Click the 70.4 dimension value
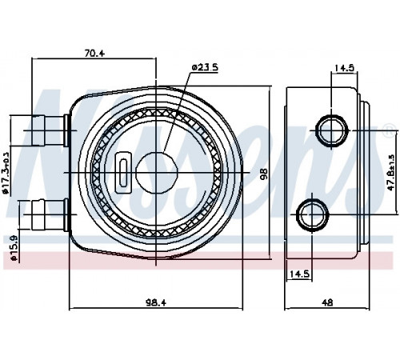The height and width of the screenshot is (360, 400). [94, 54]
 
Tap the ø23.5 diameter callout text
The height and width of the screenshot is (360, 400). [205, 67]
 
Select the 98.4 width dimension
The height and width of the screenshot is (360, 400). [156, 302]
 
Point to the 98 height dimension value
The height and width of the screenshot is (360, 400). [264, 174]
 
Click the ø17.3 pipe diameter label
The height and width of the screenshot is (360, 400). [6, 172]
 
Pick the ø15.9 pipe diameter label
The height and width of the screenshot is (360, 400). [14, 248]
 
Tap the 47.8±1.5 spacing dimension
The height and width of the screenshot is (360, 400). [391, 172]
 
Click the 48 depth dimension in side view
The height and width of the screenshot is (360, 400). [327, 302]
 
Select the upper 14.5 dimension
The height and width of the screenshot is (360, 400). [344, 68]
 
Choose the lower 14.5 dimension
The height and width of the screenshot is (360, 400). [299, 274]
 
